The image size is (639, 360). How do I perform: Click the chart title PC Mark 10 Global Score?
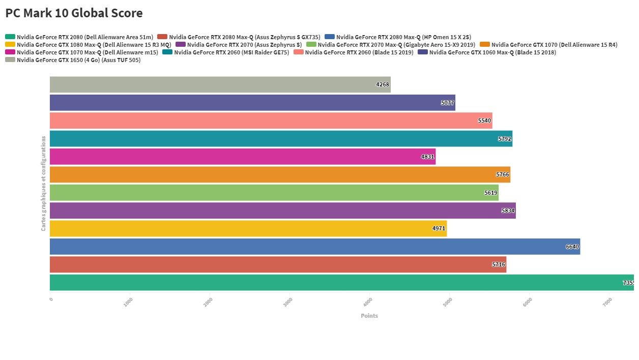(74, 13)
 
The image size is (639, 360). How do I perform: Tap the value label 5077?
(447, 103)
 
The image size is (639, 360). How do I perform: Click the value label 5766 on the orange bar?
(502, 174)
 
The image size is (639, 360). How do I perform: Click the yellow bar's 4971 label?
(439, 229)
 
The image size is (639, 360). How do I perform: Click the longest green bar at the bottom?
(341, 283)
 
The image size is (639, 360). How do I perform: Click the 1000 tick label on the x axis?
(129, 302)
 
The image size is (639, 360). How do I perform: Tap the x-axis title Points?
(369, 316)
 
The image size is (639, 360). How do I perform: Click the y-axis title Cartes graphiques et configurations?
(44, 183)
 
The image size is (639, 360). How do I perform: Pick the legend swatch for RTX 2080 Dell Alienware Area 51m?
(10, 37)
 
